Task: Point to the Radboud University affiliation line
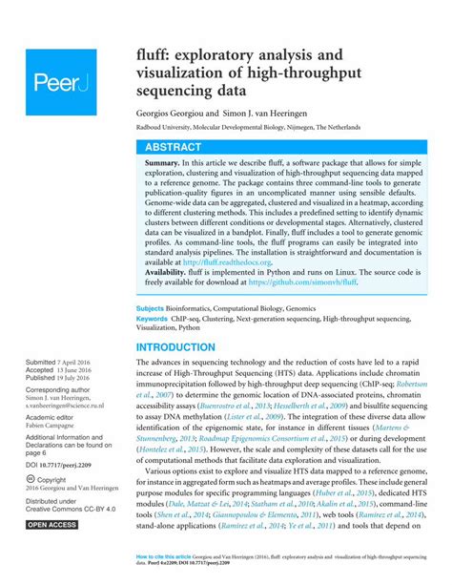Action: [258, 125]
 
